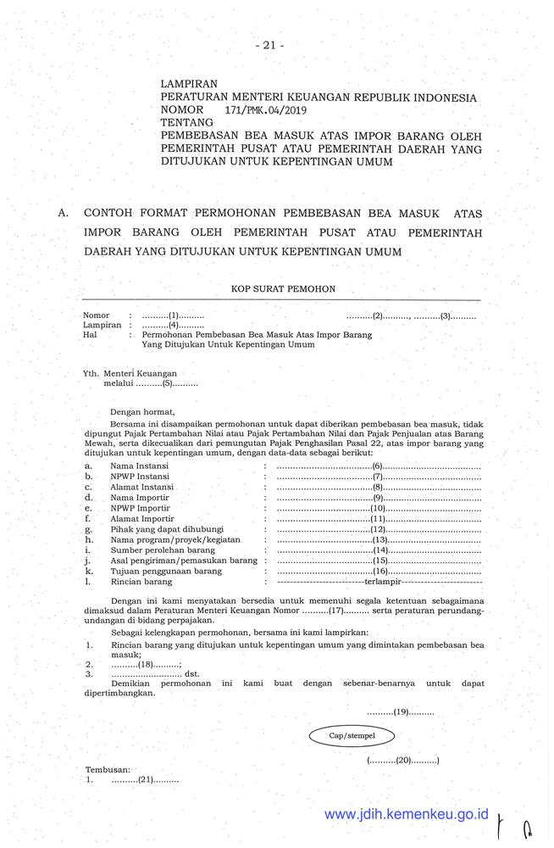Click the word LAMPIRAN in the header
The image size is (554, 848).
189,85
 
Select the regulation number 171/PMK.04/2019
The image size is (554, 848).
266,110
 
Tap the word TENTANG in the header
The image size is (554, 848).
187,123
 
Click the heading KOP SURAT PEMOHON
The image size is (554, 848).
283,289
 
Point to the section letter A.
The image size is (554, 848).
64,214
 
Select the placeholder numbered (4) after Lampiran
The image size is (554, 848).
173,325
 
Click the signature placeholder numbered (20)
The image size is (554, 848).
403,761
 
